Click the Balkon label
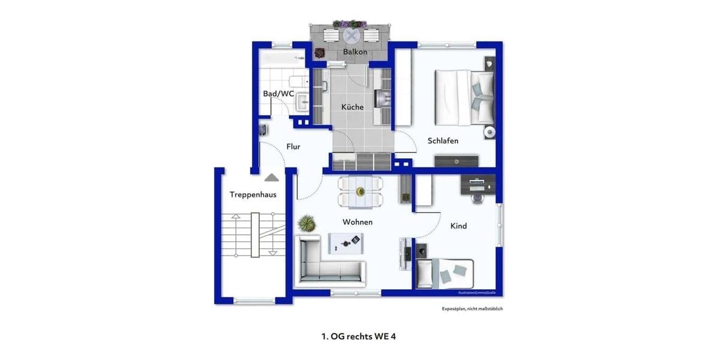tap(355, 52)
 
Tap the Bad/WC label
tap(278, 94)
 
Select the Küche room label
tap(352, 107)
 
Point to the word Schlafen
tap(443, 140)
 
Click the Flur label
tap(293, 146)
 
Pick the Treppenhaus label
tap(248, 194)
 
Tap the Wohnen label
tap(358, 222)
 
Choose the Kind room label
tap(458, 226)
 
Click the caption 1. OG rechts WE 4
tap(359, 337)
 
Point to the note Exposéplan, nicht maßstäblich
tap(472, 308)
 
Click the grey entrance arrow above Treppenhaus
tap(272, 178)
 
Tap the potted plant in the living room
tap(307, 224)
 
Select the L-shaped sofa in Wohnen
tap(329, 264)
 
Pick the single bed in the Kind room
tap(445, 274)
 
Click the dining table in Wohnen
tap(360, 191)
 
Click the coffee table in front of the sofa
tap(346, 242)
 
